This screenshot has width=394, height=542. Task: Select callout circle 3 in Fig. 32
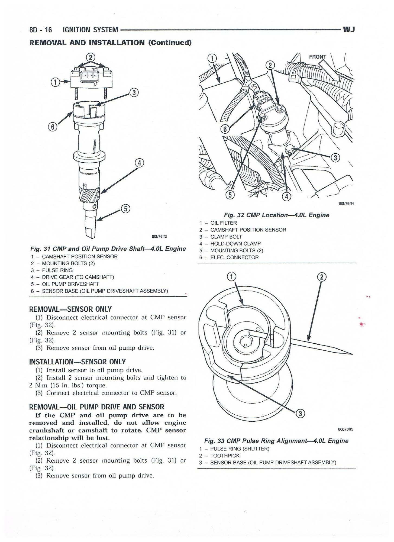click(x=335, y=158)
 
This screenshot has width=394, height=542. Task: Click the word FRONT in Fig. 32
click(x=318, y=57)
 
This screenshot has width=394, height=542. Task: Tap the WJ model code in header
click(x=349, y=29)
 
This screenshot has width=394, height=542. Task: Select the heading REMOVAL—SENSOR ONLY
click(x=70, y=309)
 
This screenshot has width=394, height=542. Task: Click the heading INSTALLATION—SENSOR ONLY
click(x=77, y=362)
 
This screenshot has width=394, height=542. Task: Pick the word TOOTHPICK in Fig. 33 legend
click(x=225, y=456)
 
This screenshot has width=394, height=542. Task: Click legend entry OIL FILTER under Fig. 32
click(x=224, y=223)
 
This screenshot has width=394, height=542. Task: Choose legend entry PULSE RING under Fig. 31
click(x=57, y=270)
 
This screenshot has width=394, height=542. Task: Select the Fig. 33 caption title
click(x=276, y=441)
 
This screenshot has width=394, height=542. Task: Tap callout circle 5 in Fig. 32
click(x=230, y=195)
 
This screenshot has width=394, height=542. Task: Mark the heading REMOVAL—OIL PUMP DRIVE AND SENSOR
click(x=96, y=407)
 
